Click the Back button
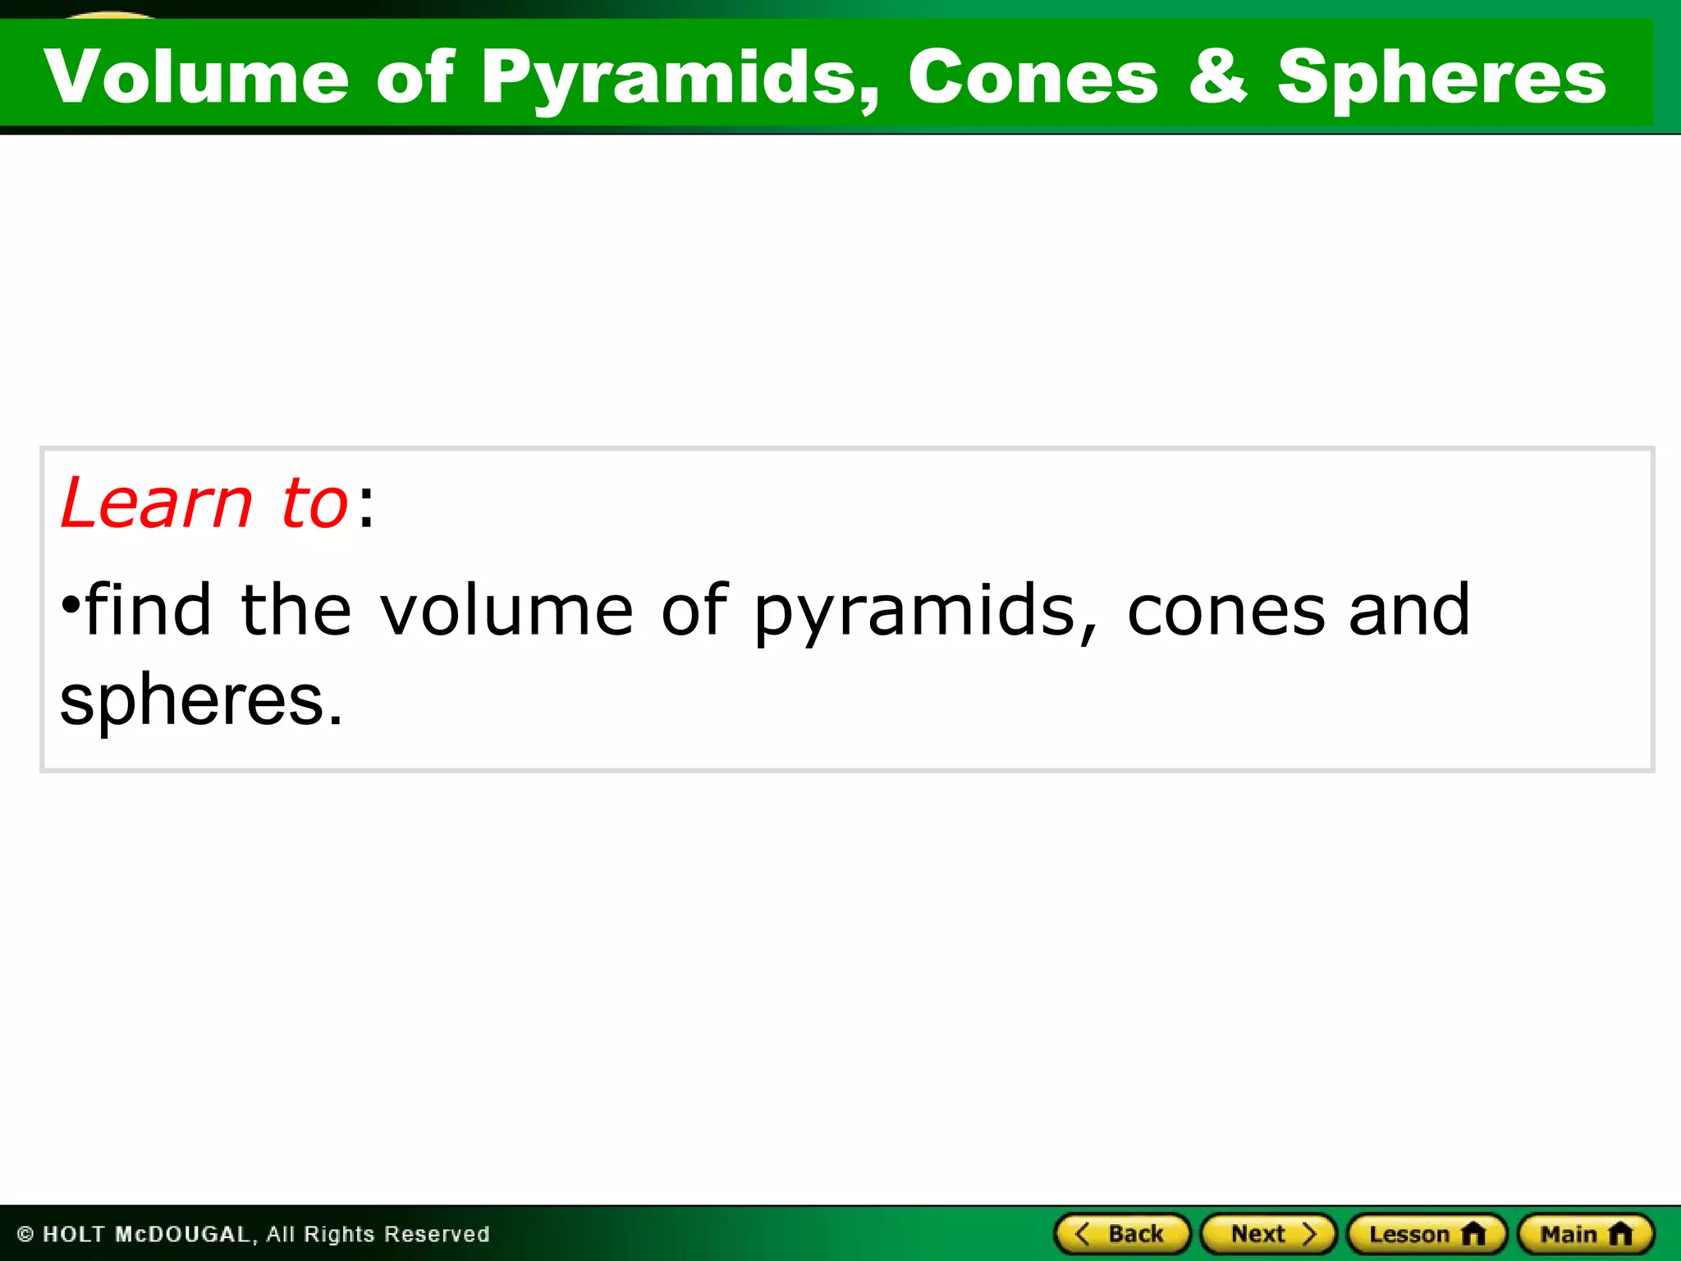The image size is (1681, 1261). [x=1122, y=1234]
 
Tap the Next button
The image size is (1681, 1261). [x=1268, y=1234]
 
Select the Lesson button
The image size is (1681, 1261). [x=1427, y=1234]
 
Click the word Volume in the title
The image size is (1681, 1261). [x=197, y=76]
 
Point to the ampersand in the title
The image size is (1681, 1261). [x=1217, y=76]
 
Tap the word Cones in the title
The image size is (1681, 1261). [x=1033, y=76]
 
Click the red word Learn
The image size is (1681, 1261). [x=156, y=502]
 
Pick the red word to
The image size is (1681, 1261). [x=314, y=502]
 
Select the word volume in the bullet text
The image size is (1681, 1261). [x=506, y=611]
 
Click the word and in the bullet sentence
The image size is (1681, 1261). [x=1409, y=611]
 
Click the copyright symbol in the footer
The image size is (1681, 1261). [x=25, y=1235]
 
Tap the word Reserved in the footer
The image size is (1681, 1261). [x=437, y=1235]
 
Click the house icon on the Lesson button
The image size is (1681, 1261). [x=1474, y=1233]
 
